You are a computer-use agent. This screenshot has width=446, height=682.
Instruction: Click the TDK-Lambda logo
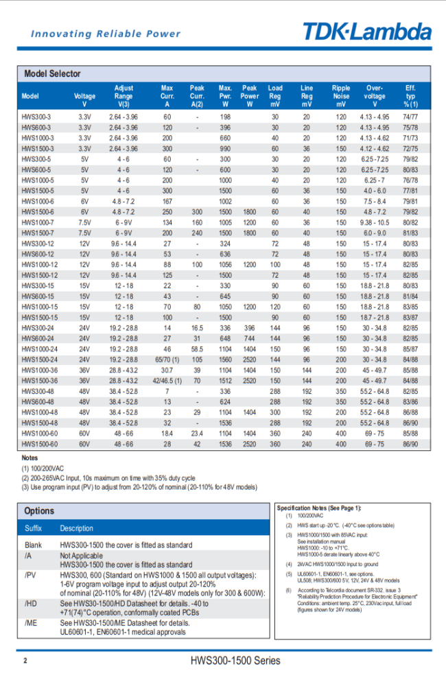[x=367, y=32]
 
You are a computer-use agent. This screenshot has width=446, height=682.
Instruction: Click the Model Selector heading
[x=52, y=73]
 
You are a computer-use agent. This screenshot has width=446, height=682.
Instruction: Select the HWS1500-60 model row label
[x=40, y=444]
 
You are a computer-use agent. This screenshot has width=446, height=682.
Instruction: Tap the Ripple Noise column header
[x=341, y=96]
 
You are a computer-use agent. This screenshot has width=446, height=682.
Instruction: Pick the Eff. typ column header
[x=410, y=96]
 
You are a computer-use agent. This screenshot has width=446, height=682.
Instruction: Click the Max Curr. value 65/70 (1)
[x=167, y=359]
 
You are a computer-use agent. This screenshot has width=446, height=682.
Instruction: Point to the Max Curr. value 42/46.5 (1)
[x=167, y=380]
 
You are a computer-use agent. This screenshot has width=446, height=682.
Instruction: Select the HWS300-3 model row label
[x=36, y=117]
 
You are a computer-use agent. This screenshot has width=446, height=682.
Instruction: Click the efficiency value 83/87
[x=410, y=317]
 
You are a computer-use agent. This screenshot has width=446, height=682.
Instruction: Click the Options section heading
[x=39, y=511]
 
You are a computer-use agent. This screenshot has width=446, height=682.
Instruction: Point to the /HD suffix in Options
[x=30, y=604]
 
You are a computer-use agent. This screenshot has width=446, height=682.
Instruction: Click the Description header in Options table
[x=77, y=528]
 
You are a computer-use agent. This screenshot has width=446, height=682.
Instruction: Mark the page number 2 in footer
[x=25, y=661]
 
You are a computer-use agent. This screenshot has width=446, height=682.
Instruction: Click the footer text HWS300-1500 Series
[x=235, y=661]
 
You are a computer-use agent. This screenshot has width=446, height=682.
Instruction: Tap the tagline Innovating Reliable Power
[x=106, y=34]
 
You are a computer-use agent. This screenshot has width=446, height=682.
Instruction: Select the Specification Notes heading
[x=318, y=508]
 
